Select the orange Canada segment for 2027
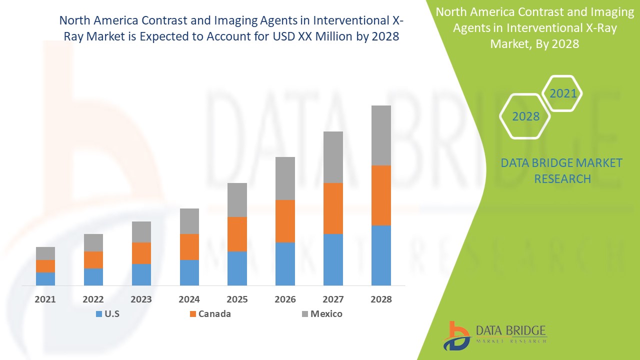(333, 208)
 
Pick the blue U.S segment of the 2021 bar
(45, 278)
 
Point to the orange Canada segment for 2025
(237, 234)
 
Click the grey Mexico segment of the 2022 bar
(93, 242)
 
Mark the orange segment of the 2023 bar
(141, 253)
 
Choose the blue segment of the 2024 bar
(189, 272)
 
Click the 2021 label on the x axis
(45, 299)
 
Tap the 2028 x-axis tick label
(381, 299)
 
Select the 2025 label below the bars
(237, 299)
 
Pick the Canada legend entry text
(214, 314)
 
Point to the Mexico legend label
(326, 314)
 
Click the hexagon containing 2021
(562, 93)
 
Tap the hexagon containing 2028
(525, 116)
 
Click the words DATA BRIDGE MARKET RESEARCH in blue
(562, 170)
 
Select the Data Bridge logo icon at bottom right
(457, 335)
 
